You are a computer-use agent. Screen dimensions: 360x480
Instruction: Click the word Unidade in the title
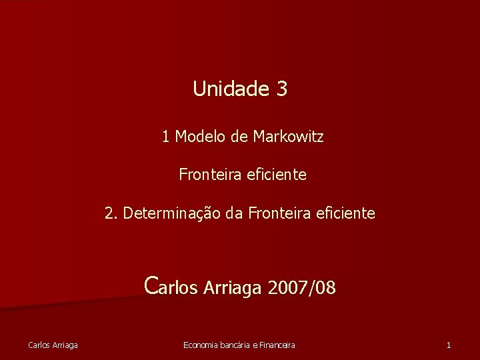coord(229,89)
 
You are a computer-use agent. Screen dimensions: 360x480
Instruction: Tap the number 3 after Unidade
coord(280,89)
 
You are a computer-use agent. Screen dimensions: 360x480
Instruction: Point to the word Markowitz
coord(288,137)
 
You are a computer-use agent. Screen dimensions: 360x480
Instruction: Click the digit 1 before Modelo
coord(165,137)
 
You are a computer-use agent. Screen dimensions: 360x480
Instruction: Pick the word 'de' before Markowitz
coord(239,137)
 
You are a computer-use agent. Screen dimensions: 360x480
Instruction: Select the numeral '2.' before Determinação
coord(111,213)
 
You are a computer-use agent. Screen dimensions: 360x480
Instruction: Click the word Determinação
coord(166,213)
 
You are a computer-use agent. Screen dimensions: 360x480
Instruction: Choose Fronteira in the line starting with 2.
coord(275,213)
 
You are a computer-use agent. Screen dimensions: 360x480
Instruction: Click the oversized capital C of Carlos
coord(151,285)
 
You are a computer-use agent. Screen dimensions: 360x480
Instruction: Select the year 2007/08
coord(301,288)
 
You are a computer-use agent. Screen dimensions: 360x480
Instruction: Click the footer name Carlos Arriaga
coord(53,345)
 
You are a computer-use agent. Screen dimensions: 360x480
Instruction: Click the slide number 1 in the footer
coord(449,345)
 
